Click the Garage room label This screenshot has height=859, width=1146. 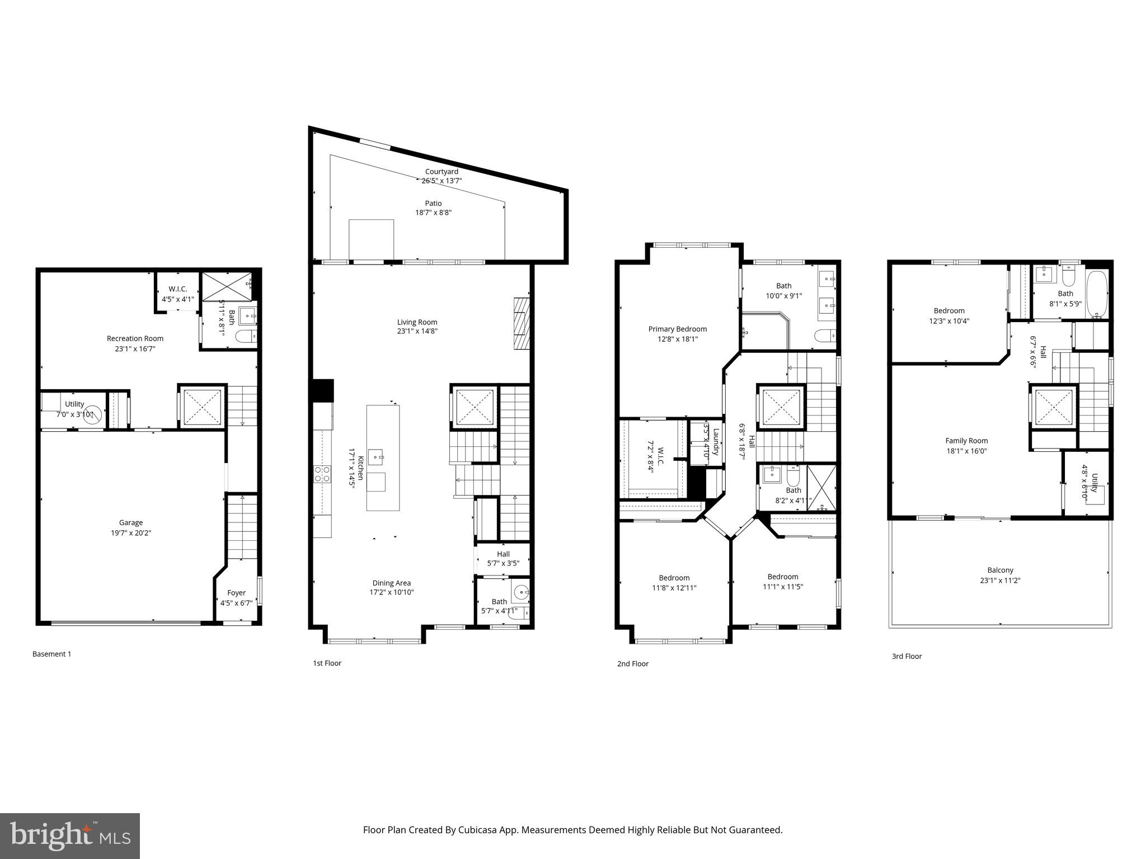click(130, 522)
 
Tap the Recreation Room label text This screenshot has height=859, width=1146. click(135, 338)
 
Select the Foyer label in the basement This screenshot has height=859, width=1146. click(236, 593)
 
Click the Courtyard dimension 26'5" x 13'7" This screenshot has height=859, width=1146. click(442, 181)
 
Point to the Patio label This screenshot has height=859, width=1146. click(433, 203)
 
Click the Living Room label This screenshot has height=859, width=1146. click(417, 322)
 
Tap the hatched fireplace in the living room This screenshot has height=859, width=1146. click(521, 324)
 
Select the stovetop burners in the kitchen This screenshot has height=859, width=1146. click(322, 474)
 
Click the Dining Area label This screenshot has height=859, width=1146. click(391, 583)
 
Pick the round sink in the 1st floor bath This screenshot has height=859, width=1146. click(521, 591)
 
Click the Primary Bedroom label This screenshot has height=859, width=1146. click(677, 329)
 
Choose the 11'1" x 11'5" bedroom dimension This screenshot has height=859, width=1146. click(782, 587)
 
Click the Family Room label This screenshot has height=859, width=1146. click(966, 441)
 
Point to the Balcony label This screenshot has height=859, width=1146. click(1000, 570)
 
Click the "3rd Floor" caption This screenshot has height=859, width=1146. click(907, 657)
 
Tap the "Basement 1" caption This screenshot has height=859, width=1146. click(51, 654)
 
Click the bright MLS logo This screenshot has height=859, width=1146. click(69, 836)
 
